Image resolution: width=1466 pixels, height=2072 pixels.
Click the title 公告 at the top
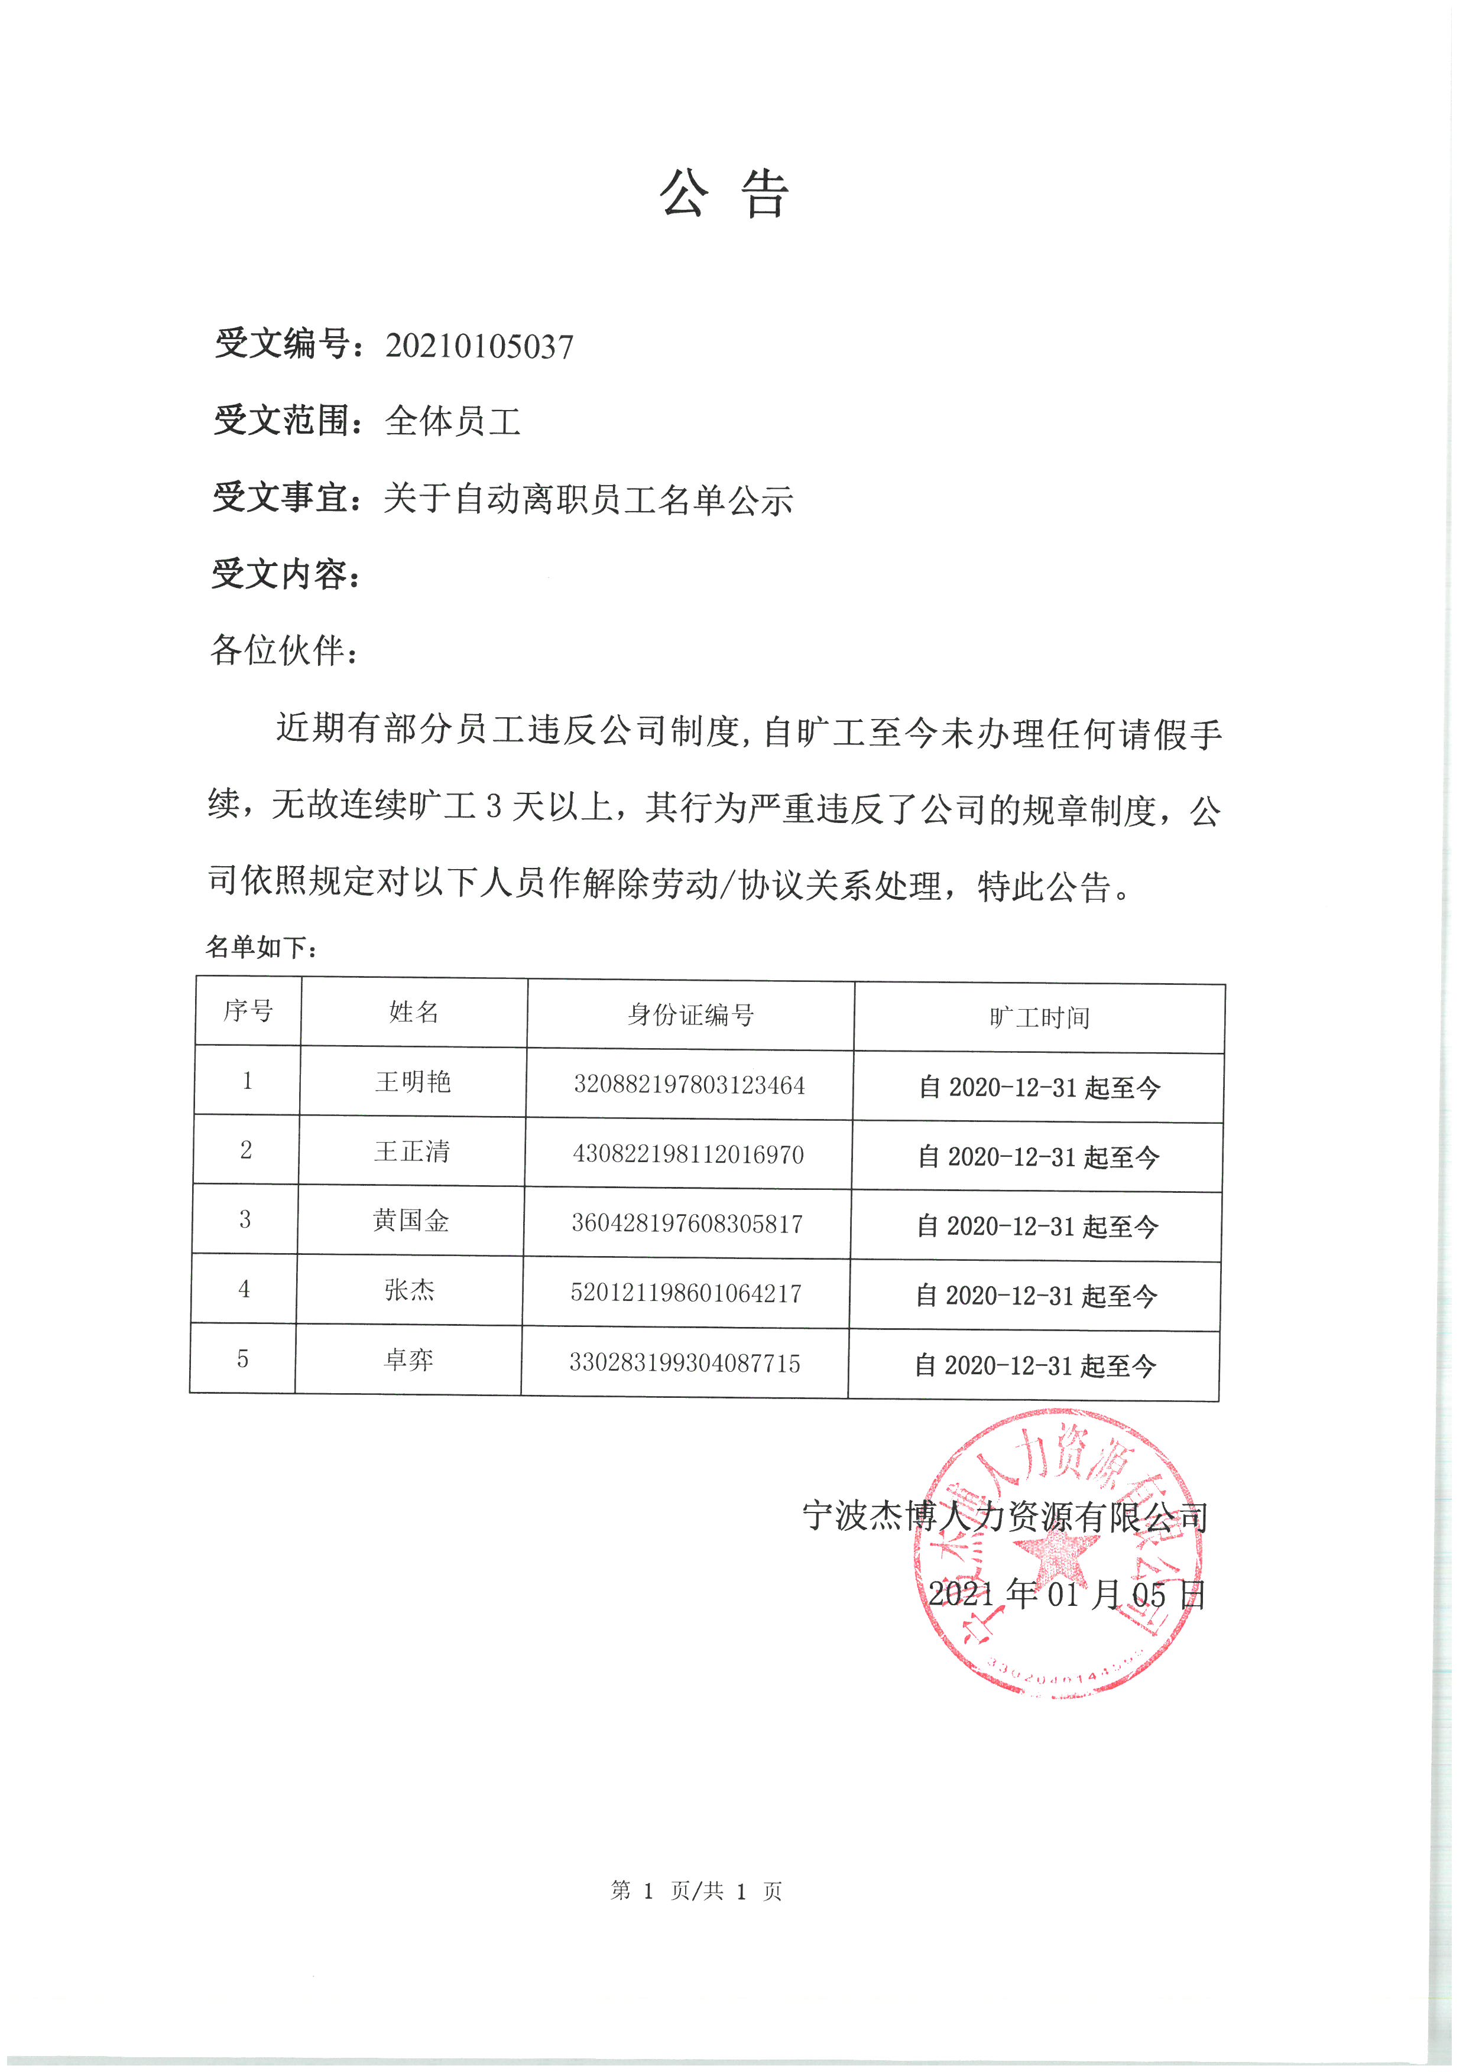pos(724,193)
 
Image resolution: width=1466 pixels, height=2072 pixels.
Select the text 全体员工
pos(453,421)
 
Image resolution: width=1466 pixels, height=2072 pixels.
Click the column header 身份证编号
pos(690,1015)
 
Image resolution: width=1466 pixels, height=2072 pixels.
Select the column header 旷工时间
pos(1039,1018)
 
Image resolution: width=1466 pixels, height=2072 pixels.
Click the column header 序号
pos(248,1011)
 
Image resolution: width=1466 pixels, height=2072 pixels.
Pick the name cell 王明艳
pos(413,1082)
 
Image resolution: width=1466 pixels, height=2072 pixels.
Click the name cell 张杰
pos(409,1290)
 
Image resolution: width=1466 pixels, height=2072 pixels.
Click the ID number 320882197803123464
pos(689,1085)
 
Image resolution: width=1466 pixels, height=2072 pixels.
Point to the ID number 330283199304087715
pos(685,1362)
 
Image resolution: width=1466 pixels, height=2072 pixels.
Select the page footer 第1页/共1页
pos(696,1891)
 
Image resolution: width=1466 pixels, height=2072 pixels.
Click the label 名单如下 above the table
pos(262,946)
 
